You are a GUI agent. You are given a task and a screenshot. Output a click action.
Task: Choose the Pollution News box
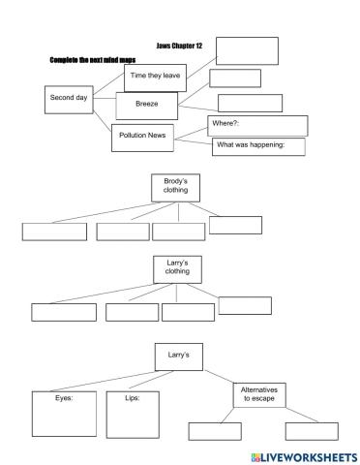(142, 136)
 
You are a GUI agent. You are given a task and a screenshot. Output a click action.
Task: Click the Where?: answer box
(257, 125)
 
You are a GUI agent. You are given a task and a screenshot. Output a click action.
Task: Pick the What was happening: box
(257, 146)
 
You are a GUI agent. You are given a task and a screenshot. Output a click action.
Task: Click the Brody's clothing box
(176, 187)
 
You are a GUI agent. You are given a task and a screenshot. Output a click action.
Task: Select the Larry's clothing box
(176, 268)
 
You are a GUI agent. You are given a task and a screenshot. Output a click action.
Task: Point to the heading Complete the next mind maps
(92, 59)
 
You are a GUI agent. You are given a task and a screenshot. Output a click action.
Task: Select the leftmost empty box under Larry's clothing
(64, 312)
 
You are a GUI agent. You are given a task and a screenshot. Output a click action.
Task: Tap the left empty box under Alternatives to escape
(214, 432)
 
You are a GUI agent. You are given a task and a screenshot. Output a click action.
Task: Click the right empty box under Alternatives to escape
(313, 432)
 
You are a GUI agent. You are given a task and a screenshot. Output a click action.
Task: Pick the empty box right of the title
(247, 50)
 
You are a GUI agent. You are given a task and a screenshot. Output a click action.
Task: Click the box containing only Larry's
(176, 356)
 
